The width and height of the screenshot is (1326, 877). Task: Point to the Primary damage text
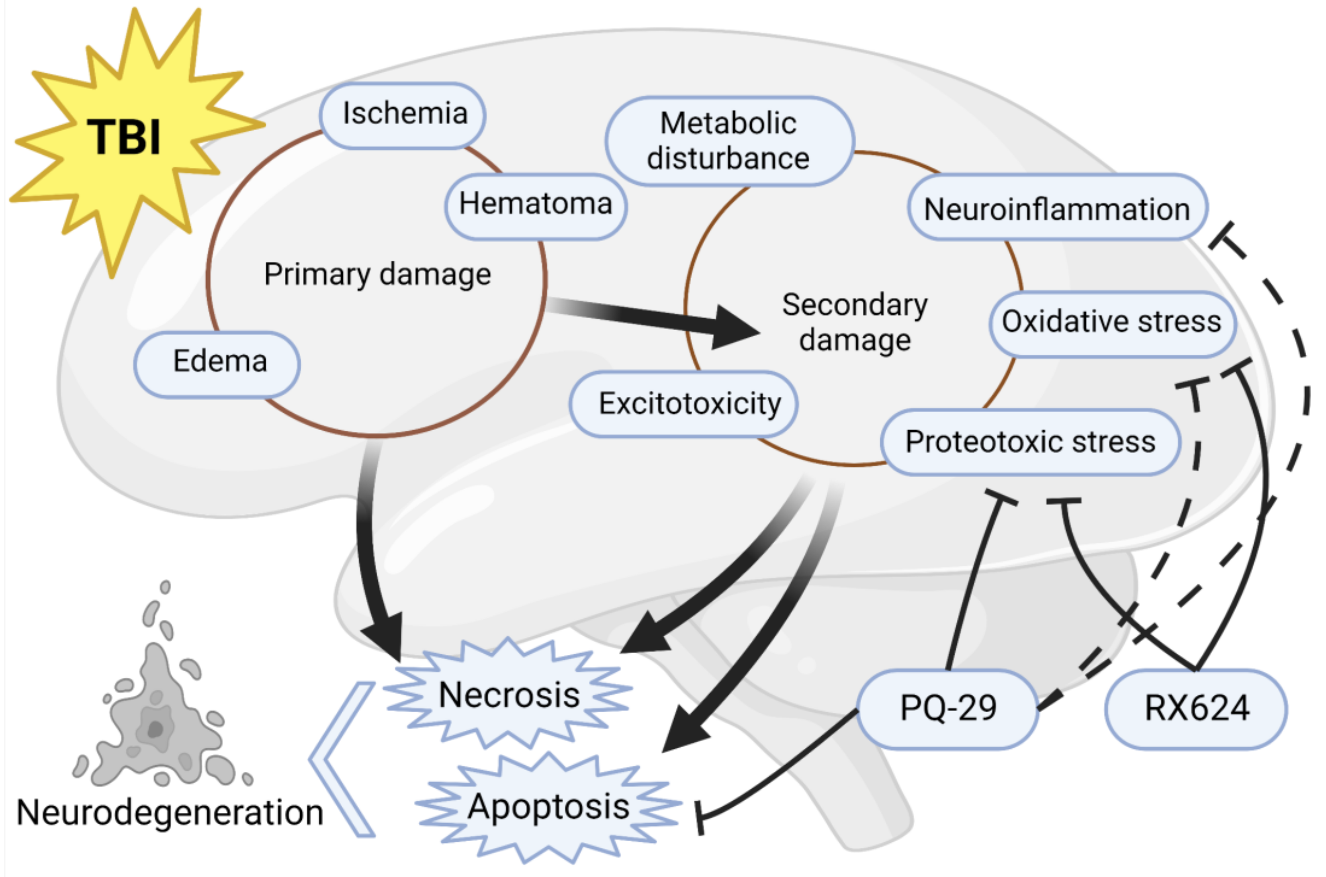click(377, 274)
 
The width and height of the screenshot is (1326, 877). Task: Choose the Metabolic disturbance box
click(729, 141)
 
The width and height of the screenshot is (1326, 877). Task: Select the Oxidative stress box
click(1111, 323)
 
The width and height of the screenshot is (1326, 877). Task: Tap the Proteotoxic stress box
click(1030, 442)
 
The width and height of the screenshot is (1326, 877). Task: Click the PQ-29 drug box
click(947, 708)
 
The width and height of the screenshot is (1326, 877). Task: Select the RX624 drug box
click(1196, 708)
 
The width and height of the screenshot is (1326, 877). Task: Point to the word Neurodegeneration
click(170, 813)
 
